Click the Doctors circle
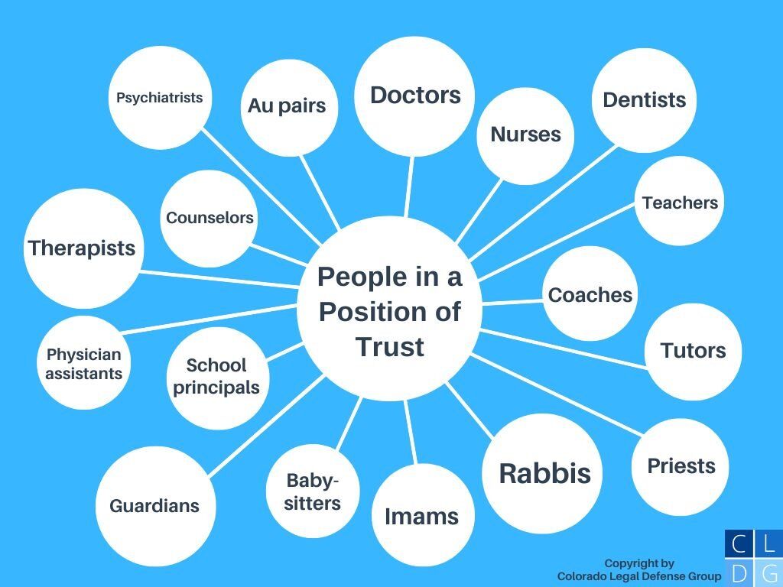(414, 96)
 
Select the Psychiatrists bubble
(160, 98)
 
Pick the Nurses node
(525, 135)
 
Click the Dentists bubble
(645, 100)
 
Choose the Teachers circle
(680, 203)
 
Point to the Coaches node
(590, 295)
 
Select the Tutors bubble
(693, 351)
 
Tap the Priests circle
(681, 466)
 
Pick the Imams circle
(421, 516)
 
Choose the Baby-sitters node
(312, 492)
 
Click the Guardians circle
(154, 506)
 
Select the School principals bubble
(216, 377)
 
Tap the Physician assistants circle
(84, 364)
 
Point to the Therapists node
(82, 248)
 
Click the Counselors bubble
(210, 218)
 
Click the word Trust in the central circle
(390, 347)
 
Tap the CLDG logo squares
(753, 558)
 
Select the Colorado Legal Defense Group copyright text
(639, 570)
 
